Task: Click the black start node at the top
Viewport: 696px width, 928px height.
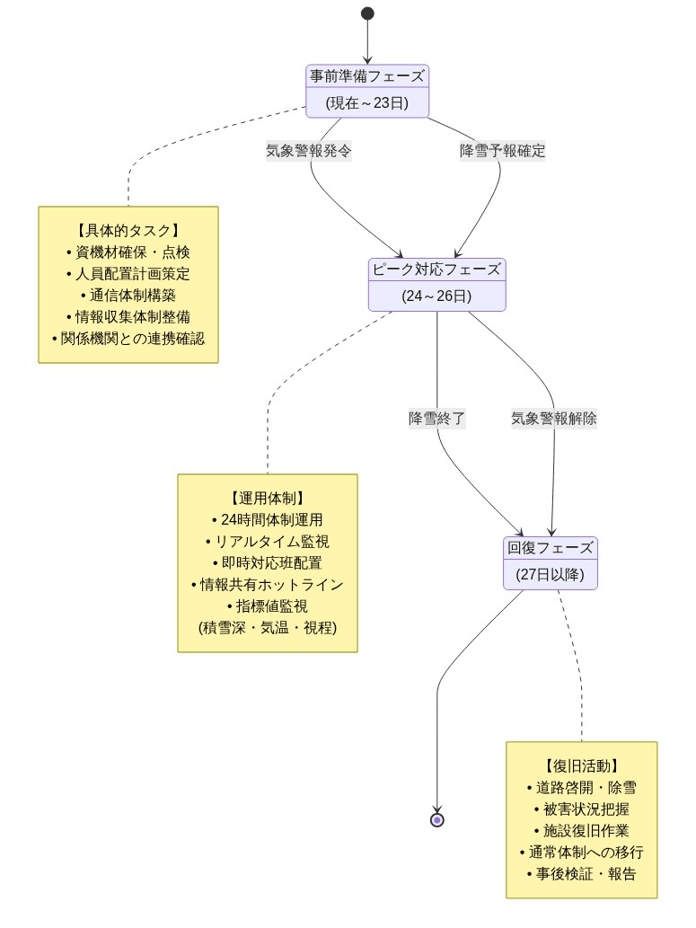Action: coord(367,13)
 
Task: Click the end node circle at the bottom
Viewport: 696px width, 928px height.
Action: coord(437,819)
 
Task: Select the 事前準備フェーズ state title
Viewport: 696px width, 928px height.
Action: coord(367,76)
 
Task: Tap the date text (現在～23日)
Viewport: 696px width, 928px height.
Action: coord(367,103)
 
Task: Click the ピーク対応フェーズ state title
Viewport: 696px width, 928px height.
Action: coord(437,270)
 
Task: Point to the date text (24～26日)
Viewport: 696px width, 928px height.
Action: coord(437,296)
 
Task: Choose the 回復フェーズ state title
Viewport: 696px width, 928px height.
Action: coord(551,548)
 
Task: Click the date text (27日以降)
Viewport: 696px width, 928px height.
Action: coord(551,575)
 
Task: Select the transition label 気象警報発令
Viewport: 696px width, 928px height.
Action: coord(309,151)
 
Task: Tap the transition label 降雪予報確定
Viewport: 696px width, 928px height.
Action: coord(502,151)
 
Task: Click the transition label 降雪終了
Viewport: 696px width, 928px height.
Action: coord(437,419)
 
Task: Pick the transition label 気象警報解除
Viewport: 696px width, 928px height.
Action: coord(554,419)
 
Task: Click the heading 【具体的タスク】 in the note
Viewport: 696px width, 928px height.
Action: coord(128,231)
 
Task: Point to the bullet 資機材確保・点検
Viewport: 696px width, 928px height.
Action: coord(128,252)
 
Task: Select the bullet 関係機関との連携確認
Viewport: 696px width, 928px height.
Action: coord(128,339)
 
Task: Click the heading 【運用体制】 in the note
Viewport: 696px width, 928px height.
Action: coord(268,499)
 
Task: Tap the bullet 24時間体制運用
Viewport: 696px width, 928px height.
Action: coord(268,520)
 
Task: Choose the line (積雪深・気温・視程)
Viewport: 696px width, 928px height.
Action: coord(268,628)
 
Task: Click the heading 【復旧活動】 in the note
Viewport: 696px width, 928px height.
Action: coord(582,766)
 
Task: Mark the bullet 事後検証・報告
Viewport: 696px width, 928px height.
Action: coord(582,874)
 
